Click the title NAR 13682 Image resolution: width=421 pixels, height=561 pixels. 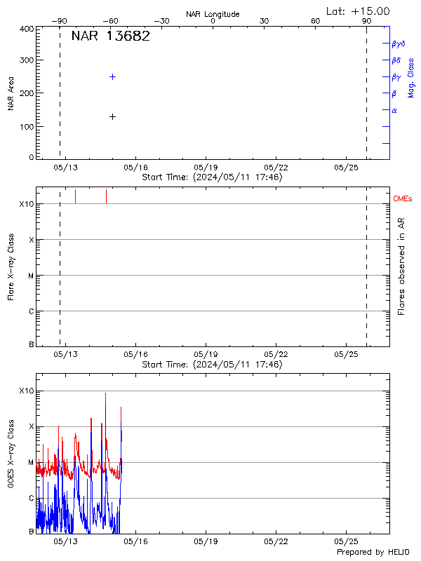pyautogui.click(x=110, y=37)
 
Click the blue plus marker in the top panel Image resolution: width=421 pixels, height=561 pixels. pyautogui.click(x=112, y=76)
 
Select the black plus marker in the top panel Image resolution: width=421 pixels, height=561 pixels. pyautogui.click(x=112, y=116)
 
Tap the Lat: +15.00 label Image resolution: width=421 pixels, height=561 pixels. pyautogui.click(x=358, y=11)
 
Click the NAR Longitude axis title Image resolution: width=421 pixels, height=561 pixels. pyautogui.click(x=213, y=14)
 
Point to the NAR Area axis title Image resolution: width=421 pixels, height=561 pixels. pyautogui.click(x=11, y=94)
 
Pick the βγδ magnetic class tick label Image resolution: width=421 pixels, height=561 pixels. pyautogui.click(x=399, y=43)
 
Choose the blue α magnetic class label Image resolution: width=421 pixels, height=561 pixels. pyautogui.click(x=394, y=110)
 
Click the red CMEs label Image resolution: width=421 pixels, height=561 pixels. pyautogui.click(x=403, y=200)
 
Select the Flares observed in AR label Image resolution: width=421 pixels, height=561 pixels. pyautogui.click(x=401, y=266)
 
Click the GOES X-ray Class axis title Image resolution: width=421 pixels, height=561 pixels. pyautogui.click(x=11, y=454)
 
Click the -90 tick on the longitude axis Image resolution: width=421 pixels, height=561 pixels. pyautogui.click(x=62, y=21)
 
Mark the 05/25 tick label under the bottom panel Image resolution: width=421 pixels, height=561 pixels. pyautogui.click(x=347, y=542)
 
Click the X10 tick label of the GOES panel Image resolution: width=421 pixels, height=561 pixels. pyautogui.click(x=27, y=391)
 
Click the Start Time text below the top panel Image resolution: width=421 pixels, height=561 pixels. pyautogui.click(x=212, y=177)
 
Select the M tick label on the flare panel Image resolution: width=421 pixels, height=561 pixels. pyautogui.click(x=31, y=276)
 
